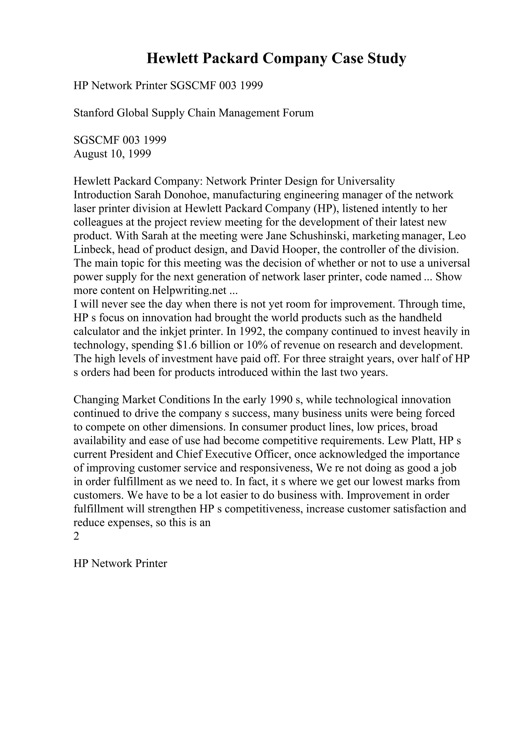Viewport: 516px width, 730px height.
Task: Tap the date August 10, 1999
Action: tap(112, 154)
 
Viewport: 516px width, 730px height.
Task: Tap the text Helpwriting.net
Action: tap(189, 291)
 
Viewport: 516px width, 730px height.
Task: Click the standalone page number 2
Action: tap(76, 537)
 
